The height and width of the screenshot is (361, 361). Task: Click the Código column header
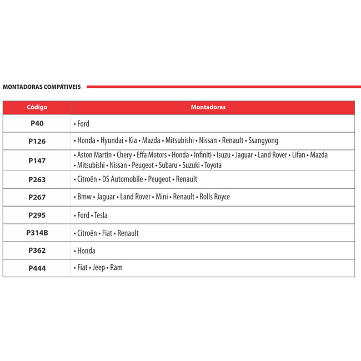coord(37,107)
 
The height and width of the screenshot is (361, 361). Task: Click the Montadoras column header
coord(208,107)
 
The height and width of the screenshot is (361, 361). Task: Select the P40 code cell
coord(37,123)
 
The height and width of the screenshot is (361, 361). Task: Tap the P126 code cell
coord(37,141)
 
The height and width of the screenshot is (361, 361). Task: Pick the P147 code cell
coord(37,161)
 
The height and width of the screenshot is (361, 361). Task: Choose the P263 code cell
coord(37,179)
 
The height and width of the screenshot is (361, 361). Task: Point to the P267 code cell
coord(37,197)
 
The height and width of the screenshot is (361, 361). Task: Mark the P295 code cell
coord(37,215)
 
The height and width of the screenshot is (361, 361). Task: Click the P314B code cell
coord(37,233)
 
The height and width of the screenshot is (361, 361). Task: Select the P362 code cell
coord(37,250)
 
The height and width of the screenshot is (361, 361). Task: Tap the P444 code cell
coord(37,268)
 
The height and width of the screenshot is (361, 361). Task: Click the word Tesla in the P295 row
coord(101,215)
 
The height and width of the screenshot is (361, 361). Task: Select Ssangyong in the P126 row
coord(263,141)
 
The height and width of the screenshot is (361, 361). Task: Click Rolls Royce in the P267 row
coord(214,197)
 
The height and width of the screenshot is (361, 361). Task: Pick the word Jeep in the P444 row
coord(98,268)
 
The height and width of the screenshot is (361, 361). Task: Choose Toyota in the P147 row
coord(212,166)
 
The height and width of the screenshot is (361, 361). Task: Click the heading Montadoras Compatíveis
coord(42,87)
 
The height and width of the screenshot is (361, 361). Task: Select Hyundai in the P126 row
coord(112,141)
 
